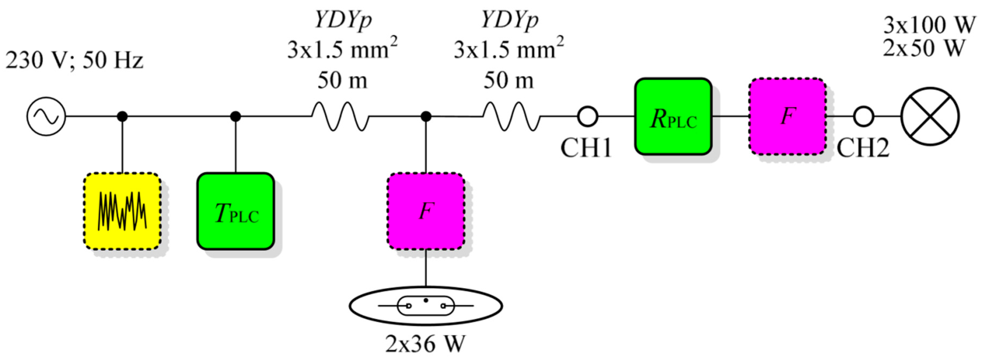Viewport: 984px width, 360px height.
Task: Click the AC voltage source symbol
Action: (x=46, y=116)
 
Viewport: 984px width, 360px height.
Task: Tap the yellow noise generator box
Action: (x=122, y=211)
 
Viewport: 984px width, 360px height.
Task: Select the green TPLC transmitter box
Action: (x=236, y=211)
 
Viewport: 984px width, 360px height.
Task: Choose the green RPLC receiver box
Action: (x=673, y=116)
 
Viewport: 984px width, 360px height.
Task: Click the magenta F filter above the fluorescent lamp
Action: (x=426, y=211)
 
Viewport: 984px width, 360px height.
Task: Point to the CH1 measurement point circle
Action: (x=588, y=116)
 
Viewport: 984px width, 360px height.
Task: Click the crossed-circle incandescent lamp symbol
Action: (x=930, y=116)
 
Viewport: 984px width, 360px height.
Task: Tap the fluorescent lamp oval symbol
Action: (x=426, y=306)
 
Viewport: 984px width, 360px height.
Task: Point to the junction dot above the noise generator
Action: (x=122, y=116)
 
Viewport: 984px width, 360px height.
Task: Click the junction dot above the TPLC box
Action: (x=236, y=116)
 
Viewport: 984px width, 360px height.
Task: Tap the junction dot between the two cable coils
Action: (x=426, y=116)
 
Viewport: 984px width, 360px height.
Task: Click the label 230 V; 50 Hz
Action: (x=74, y=60)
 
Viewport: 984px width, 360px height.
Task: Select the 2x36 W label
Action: (x=426, y=344)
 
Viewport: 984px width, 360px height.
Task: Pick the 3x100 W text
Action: (x=929, y=25)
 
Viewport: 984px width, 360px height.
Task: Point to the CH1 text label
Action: (x=586, y=148)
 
